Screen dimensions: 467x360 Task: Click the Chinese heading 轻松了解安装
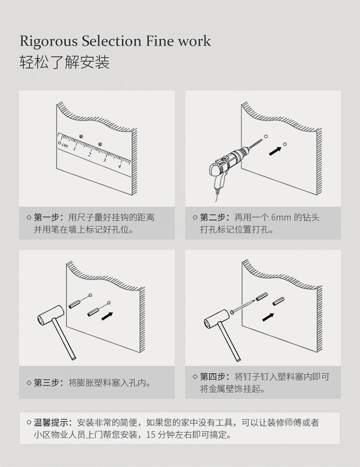(x=64, y=62)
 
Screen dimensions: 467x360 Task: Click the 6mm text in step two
(x=281, y=217)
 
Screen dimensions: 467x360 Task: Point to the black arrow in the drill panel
(x=274, y=151)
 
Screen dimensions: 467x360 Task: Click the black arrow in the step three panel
(x=107, y=315)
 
